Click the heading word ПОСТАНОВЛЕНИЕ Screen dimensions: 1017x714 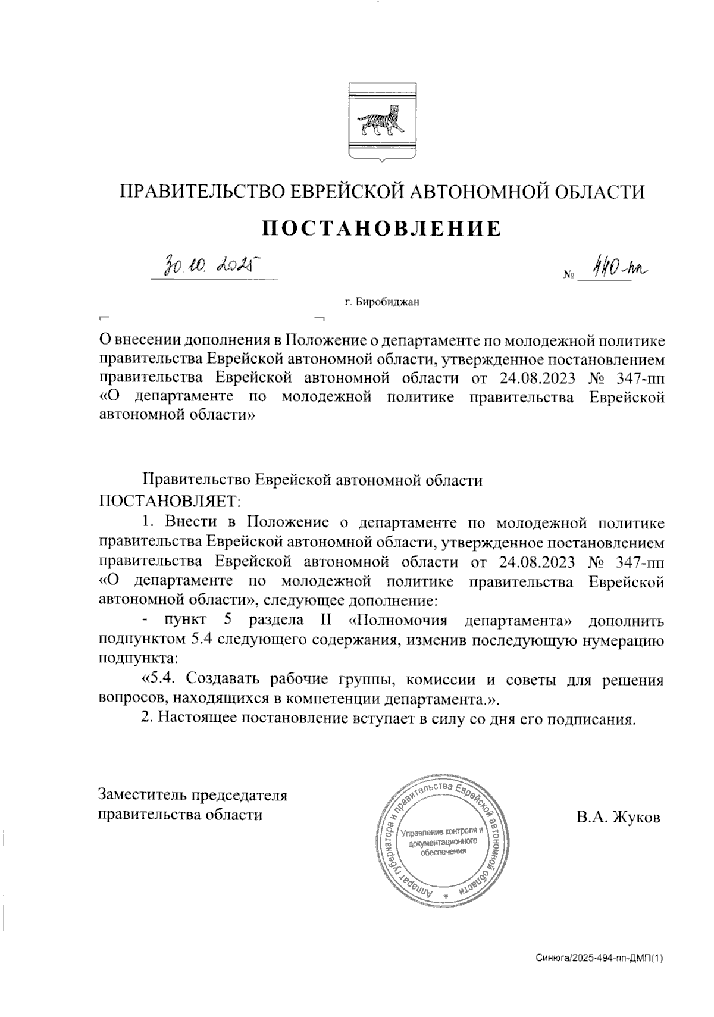tap(382, 229)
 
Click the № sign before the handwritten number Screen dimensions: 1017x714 tap(568, 276)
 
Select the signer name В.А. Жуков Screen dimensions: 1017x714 tap(618, 817)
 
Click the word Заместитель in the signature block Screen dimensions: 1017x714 tap(143, 795)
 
